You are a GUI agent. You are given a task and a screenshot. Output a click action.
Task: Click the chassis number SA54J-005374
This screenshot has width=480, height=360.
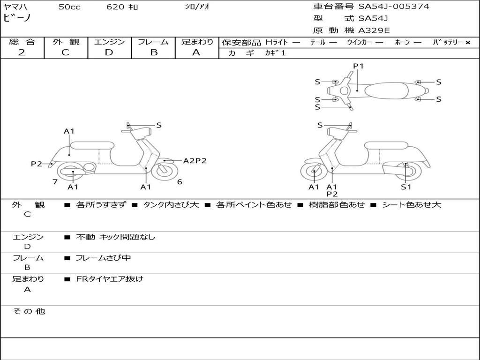[394, 7]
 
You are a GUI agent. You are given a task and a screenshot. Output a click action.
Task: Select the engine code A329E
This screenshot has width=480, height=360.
[374, 31]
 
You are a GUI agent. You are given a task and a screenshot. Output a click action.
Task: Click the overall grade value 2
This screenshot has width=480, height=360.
[22, 52]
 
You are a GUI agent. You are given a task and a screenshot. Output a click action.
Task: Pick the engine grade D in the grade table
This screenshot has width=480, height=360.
[109, 52]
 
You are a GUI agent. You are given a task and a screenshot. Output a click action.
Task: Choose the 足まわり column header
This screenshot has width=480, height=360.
[197, 42]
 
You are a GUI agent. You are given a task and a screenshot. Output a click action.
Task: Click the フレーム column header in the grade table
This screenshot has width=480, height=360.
[153, 42]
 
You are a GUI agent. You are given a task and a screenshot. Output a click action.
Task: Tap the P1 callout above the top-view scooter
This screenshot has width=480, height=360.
[359, 66]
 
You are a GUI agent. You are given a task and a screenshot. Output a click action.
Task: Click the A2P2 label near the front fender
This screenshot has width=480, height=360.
[195, 161]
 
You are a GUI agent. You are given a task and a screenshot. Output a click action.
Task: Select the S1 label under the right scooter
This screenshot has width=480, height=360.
[405, 187]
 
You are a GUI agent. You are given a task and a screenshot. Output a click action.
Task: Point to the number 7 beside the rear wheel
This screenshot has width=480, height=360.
[55, 181]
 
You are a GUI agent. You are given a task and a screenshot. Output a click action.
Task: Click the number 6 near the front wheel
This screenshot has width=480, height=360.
[180, 181]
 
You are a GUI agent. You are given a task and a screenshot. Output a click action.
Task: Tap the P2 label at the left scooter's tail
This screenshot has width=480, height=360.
[37, 164]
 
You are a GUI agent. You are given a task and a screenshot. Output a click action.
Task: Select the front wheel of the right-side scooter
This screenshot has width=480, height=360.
[314, 172]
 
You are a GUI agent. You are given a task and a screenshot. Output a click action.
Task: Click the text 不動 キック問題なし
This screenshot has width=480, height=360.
[115, 237]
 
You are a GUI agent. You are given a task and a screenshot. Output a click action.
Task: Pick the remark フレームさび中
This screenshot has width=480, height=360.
[103, 258]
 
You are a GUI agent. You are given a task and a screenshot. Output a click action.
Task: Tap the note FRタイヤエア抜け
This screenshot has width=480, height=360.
[110, 279]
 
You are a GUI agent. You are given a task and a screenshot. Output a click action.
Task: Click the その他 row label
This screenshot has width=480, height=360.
[29, 311]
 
